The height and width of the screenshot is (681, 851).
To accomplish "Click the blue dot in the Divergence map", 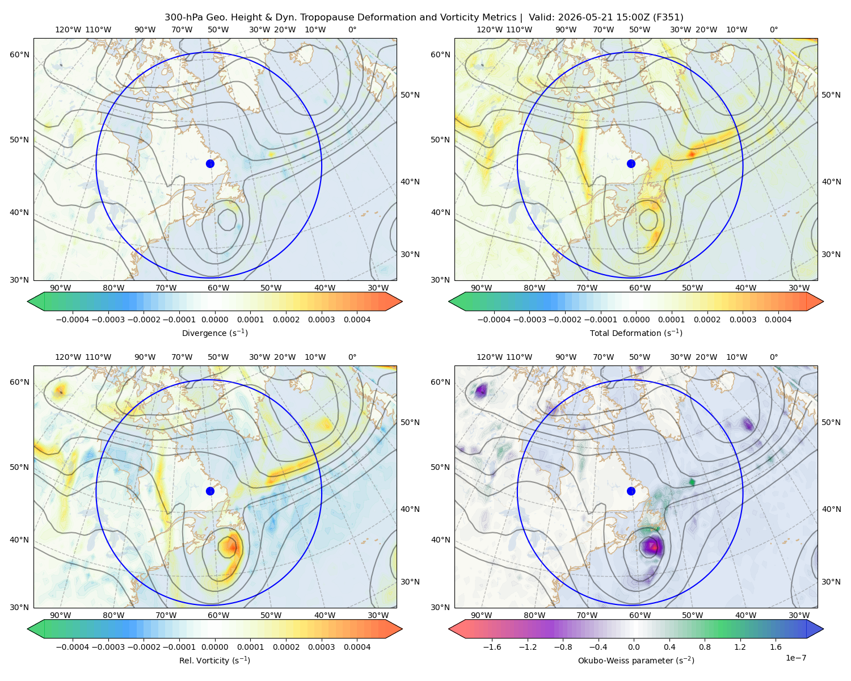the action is pos(210,163).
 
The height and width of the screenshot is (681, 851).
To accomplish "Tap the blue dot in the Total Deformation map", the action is pos(631,163).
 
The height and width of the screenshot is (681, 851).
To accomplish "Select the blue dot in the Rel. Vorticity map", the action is pos(210,491).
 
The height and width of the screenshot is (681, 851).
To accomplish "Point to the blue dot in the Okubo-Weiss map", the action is pos(631,491).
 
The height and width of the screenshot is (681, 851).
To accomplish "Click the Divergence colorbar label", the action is pos(214,333).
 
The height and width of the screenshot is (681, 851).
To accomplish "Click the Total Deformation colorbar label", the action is pos(636,333).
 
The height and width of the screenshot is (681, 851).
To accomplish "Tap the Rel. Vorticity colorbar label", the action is pos(214,660).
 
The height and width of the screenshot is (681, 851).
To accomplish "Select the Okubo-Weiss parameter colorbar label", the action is pos(636,660).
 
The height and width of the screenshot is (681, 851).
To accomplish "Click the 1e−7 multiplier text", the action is pos(795,658).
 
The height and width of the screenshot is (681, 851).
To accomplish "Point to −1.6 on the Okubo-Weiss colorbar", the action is pos(492,646).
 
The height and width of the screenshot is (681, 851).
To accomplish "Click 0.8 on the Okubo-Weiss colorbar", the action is pos(705,646).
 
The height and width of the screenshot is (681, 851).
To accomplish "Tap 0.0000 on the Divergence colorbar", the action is pos(214,320).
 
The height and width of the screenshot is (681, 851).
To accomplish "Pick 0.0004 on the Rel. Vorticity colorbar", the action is pos(357,646).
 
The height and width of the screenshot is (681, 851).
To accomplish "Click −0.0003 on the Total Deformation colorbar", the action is pos(529,320).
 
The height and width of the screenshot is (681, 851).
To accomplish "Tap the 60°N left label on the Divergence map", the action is pos(19,54).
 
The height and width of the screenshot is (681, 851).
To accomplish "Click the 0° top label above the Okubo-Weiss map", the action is pos(773,357).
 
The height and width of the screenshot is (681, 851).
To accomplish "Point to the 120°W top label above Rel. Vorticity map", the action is pos(68,357).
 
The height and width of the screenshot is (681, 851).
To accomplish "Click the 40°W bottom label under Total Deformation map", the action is pos(745,288).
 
